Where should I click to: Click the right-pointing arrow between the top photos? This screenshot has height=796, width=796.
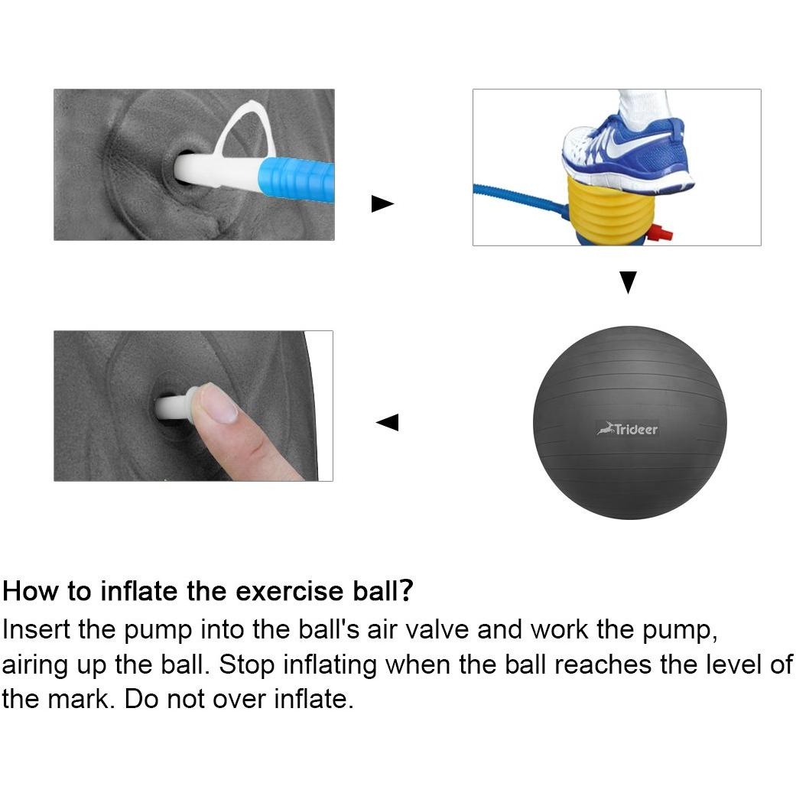click(382, 203)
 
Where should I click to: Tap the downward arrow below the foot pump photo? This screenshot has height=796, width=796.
click(628, 282)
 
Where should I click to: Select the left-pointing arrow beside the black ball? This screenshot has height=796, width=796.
click(388, 422)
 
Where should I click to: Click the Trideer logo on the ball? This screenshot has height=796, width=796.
click(628, 430)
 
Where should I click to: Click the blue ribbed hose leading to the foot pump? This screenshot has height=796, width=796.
click(521, 200)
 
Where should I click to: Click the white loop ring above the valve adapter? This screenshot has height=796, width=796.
click(246, 129)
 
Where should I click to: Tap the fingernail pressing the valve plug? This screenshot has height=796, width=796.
click(219, 404)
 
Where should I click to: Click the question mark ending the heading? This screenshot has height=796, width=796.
click(405, 591)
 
